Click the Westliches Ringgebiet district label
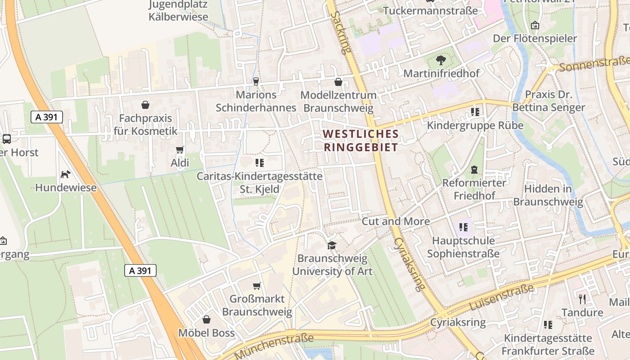pyautogui.click(x=361, y=140)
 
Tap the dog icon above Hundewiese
pyautogui.click(x=66, y=174)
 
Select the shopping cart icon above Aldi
pyautogui.click(x=180, y=149)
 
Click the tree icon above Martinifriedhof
pyautogui.click(x=441, y=60)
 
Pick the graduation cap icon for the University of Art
pyautogui.click(x=332, y=245)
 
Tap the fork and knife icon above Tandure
pyautogui.click(x=582, y=299)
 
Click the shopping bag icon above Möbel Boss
pyautogui.click(x=207, y=319)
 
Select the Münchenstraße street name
pyautogui.click(x=274, y=346)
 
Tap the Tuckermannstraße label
pyautogui.click(x=430, y=10)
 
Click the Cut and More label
pyautogui.click(x=396, y=221)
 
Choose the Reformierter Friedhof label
pyautogui.click(x=474, y=189)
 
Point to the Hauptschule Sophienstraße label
pyautogui.click(x=463, y=247)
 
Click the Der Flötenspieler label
pyautogui.click(x=535, y=38)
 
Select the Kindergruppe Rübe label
pyautogui.click(x=475, y=125)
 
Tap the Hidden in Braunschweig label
pyautogui.click(x=548, y=195)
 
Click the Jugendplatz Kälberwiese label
pyautogui.click(x=179, y=11)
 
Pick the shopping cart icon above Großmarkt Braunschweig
pyautogui.click(x=257, y=286)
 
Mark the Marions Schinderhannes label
pyautogui.click(x=256, y=101)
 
